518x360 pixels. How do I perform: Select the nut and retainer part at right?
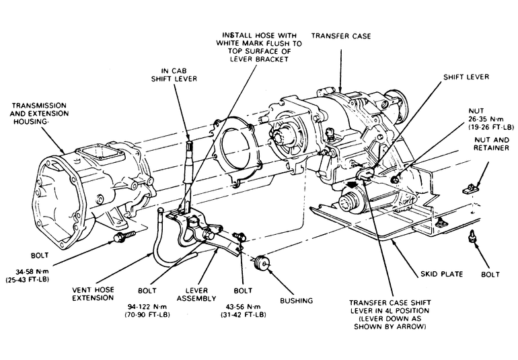coord(478,180)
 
